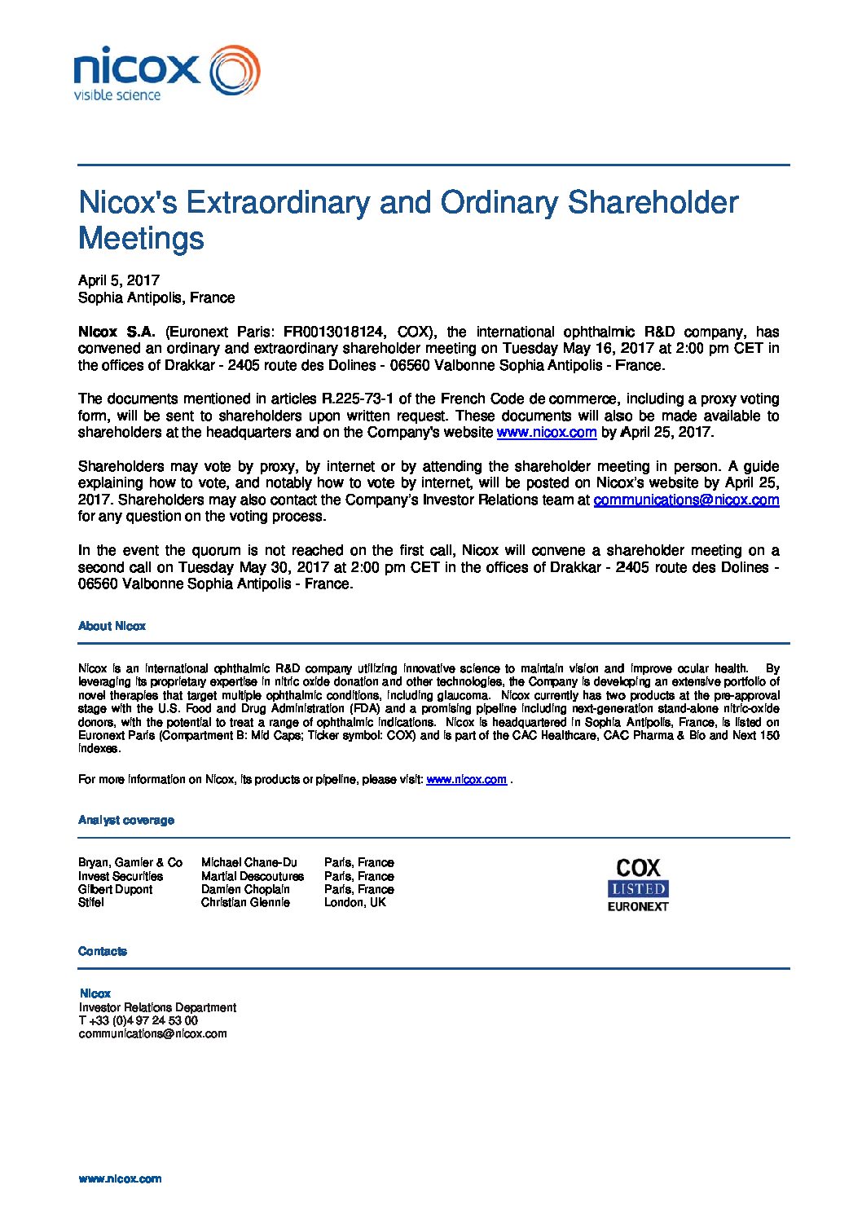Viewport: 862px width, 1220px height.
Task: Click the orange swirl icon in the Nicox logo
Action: pos(235,70)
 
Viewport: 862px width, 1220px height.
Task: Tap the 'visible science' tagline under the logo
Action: pos(117,95)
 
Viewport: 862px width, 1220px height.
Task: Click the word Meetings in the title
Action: pos(141,239)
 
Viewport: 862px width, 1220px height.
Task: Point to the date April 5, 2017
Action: pos(119,280)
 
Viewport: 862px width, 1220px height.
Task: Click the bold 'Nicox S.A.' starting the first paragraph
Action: pos(117,332)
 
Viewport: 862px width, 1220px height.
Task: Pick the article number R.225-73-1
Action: pos(358,399)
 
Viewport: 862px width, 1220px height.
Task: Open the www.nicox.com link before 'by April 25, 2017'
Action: pos(547,433)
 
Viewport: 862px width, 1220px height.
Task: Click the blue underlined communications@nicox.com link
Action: pos(686,500)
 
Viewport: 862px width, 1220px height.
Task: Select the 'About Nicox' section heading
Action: pos(112,626)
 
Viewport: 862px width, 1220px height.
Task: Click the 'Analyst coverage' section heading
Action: pos(126,820)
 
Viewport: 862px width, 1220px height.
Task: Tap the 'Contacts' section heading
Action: pos(103,951)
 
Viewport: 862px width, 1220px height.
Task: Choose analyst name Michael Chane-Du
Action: pos(249,862)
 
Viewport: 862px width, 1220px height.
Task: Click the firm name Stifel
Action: pos(91,902)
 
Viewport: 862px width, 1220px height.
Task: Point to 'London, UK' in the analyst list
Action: pos(355,902)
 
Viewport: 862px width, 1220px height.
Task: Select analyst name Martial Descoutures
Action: pos(253,876)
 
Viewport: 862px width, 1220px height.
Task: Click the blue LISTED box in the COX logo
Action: pos(638,889)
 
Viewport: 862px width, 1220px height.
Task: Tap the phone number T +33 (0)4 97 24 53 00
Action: pos(139,1020)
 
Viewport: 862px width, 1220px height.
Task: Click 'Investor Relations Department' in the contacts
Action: pos(157,1007)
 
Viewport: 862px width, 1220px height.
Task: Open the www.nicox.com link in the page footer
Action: pos(120,1178)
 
